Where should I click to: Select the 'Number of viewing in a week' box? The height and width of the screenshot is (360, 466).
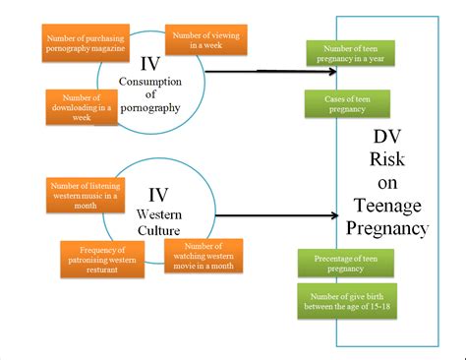(206, 40)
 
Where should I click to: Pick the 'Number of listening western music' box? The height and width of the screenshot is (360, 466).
(83, 194)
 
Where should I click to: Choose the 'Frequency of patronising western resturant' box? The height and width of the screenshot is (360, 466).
(99, 257)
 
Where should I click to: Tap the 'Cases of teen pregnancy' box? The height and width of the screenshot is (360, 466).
(343, 104)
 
